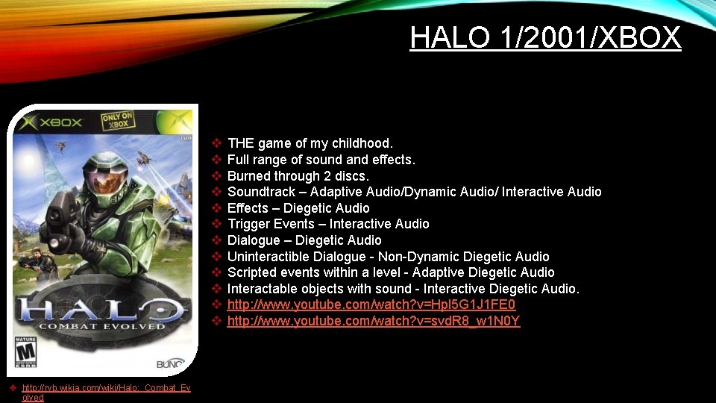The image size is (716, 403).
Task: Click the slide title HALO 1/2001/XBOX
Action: coord(545,37)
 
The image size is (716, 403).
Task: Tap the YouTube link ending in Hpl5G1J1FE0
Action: coord(371,304)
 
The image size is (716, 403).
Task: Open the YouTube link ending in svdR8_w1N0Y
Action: coord(373,321)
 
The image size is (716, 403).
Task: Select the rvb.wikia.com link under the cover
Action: coord(105,388)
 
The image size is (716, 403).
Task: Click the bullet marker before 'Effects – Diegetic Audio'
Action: coord(216,207)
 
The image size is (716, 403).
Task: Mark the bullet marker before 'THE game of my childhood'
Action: coord(216,143)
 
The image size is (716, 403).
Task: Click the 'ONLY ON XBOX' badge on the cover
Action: coord(117,121)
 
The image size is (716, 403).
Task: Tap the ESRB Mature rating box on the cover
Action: coord(27,352)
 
